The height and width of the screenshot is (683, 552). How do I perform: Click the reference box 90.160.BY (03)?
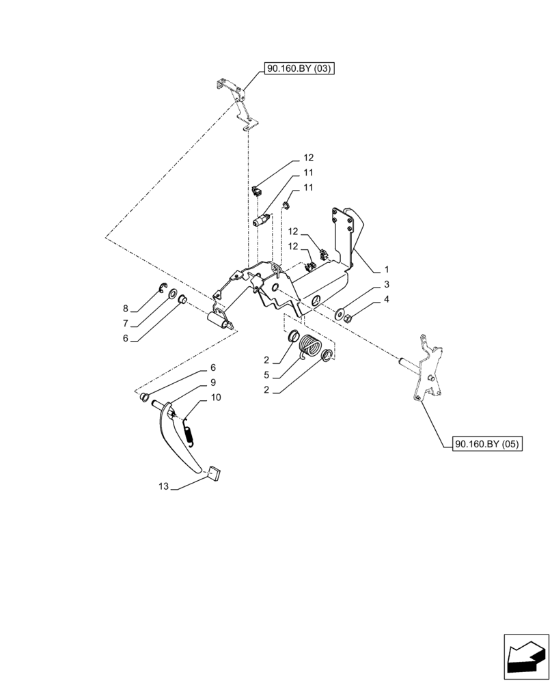pyautogui.click(x=297, y=68)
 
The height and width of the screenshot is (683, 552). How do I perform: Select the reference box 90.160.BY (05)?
pyautogui.click(x=486, y=444)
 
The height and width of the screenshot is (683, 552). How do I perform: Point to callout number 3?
pyautogui.click(x=387, y=283)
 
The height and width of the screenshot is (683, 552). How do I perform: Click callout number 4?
pyautogui.click(x=387, y=299)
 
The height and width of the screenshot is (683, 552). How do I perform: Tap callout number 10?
pyautogui.click(x=216, y=397)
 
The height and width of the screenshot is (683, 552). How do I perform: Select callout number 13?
pyautogui.click(x=163, y=486)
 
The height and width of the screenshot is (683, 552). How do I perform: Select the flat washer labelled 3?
pyautogui.click(x=340, y=313)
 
